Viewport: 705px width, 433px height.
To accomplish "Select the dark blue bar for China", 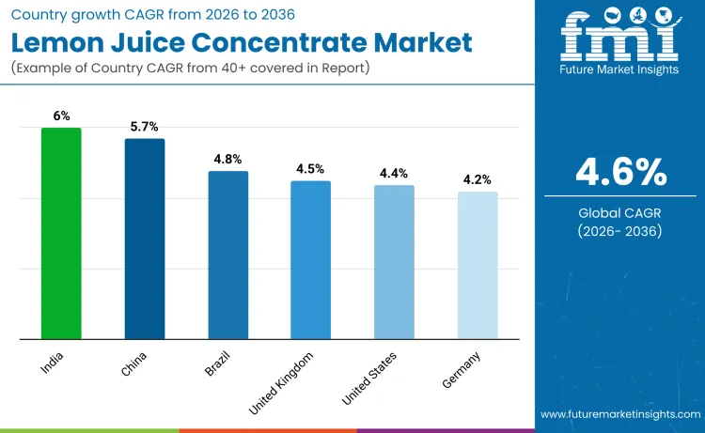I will (x=145, y=239).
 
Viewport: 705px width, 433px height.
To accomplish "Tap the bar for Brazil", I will (x=227, y=255).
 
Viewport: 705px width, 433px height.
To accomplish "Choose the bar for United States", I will (x=394, y=262).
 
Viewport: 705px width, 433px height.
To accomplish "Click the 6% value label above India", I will (x=61, y=116).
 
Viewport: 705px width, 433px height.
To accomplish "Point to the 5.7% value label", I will (x=145, y=127).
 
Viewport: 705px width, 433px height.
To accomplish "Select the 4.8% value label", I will (x=227, y=160).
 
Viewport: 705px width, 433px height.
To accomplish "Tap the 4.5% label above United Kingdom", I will (x=310, y=169).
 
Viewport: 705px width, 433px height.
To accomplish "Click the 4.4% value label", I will (x=394, y=174).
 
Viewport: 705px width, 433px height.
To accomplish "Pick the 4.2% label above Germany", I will (x=478, y=179).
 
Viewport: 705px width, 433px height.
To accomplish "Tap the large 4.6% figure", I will (x=621, y=173).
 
